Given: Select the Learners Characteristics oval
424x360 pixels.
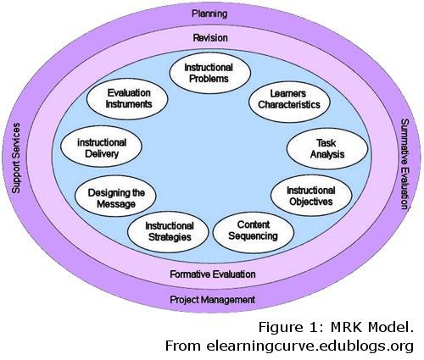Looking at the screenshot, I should pos(289,100).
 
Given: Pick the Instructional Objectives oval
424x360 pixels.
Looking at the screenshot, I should pos(310,197).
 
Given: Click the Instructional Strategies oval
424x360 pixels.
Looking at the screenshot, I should pos(170,231).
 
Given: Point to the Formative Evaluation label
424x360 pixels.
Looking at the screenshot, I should pos(211,274).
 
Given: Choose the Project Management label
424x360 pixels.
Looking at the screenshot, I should pos(211,300).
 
